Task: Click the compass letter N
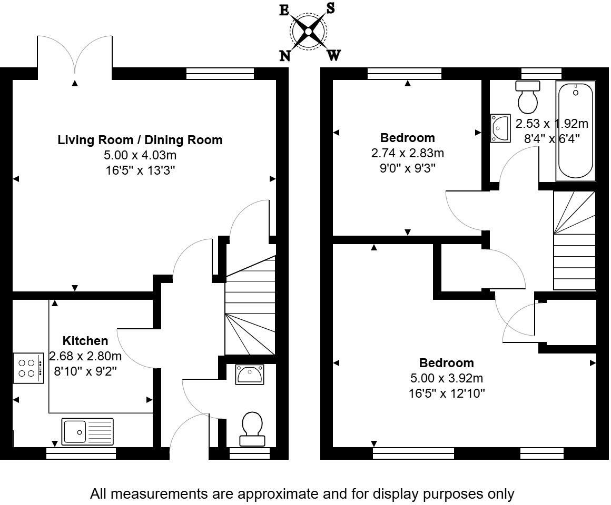(x=285, y=56)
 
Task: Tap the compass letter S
(x=330, y=8)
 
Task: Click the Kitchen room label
(x=85, y=341)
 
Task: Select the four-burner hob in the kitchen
(x=28, y=368)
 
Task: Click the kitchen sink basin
(x=74, y=431)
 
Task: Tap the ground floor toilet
(x=252, y=429)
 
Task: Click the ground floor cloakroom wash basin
(x=250, y=374)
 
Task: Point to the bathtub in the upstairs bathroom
(x=576, y=131)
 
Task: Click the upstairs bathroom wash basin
(x=500, y=128)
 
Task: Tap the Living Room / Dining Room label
(x=140, y=140)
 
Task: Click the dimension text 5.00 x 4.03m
(x=140, y=155)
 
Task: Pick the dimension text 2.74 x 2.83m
(x=408, y=153)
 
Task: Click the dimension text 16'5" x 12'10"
(x=447, y=393)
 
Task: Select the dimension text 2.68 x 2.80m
(x=85, y=356)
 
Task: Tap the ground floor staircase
(x=250, y=305)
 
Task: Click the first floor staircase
(x=574, y=240)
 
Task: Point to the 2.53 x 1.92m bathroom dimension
(x=552, y=124)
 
